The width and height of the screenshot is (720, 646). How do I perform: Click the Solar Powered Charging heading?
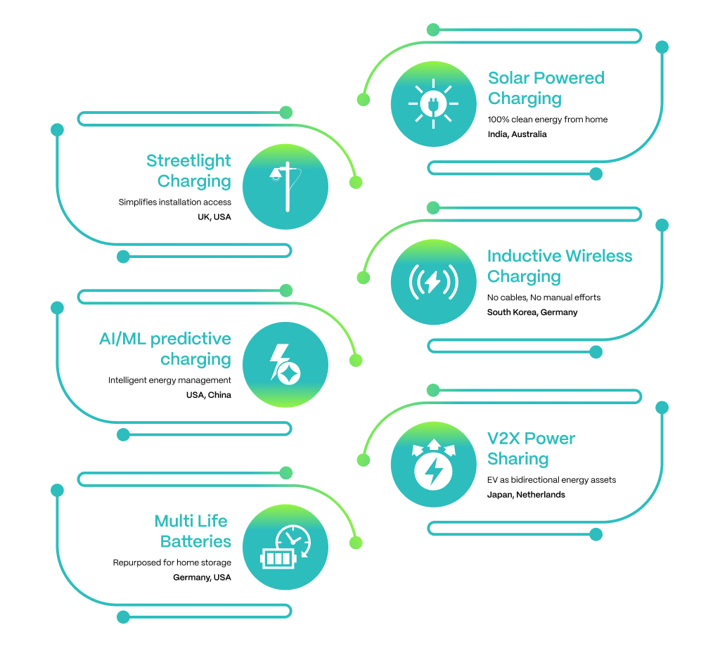tap(546, 88)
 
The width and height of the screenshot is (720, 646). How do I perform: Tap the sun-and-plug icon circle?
tap(433, 104)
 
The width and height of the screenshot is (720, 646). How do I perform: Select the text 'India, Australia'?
tap(517, 134)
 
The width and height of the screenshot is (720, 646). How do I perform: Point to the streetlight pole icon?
tap(285, 186)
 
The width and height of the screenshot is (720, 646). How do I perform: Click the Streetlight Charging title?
tap(188, 171)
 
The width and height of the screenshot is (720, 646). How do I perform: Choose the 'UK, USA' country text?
tap(214, 217)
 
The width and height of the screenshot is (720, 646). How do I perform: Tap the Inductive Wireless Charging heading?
tap(560, 266)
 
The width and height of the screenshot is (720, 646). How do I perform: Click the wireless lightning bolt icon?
tap(433, 282)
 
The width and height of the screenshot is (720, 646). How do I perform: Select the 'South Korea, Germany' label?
tap(532, 312)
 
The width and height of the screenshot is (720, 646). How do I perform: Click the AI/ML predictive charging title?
tap(165, 349)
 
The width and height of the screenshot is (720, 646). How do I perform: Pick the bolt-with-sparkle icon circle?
tap(285, 365)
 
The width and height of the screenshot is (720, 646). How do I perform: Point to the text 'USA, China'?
tap(209, 395)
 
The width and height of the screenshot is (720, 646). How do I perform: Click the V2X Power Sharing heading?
tap(531, 448)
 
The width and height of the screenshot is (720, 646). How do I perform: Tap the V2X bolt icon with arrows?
tap(433, 464)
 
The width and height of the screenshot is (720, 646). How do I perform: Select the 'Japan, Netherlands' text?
tap(526, 494)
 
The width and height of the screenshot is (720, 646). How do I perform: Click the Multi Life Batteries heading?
tap(193, 531)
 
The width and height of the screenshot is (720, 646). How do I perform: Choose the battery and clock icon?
tap(285, 547)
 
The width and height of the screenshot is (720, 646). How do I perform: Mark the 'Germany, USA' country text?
tap(202, 577)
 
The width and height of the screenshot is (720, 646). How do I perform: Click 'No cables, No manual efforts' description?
tap(544, 297)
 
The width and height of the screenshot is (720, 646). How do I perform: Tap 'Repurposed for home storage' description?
tap(172, 562)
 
